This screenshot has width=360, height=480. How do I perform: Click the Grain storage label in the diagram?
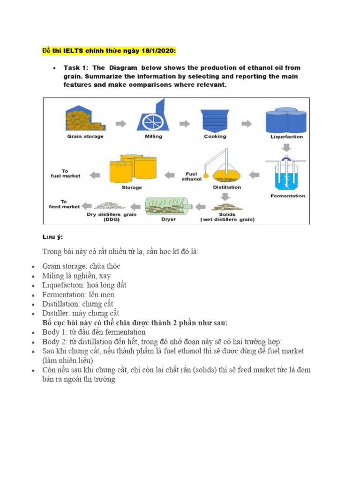pos(85,136)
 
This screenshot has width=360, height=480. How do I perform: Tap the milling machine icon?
pos(153,116)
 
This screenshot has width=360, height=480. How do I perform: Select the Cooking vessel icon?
pos(215,120)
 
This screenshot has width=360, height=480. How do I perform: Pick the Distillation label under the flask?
pos(227,187)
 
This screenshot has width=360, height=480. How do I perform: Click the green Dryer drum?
pos(168,205)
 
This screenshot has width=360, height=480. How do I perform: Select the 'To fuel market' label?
pos(65,173)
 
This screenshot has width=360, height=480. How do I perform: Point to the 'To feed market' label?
pos(64,204)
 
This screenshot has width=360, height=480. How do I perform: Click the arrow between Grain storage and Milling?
pos(120,124)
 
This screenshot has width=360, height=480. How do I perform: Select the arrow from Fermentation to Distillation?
pos(254,175)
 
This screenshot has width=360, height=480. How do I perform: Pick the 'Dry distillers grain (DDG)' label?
pos(112,217)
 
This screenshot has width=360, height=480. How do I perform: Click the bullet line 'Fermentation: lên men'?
pos(78,295)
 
